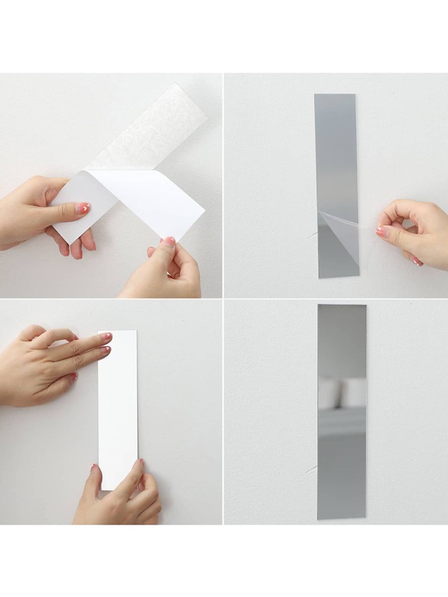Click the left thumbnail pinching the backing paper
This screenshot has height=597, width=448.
click(x=82, y=208)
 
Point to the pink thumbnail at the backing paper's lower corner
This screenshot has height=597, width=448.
click(x=169, y=242)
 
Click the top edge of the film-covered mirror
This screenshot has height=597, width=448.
click(x=335, y=95)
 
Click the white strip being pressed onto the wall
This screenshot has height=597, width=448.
click(x=118, y=411)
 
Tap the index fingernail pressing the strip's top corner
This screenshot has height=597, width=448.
click(x=105, y=337)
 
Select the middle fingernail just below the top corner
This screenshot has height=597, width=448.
click(x=105, y=350)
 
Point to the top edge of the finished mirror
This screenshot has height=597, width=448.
click(x=341, y=305)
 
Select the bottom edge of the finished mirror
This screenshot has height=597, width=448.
click(x=341, y=517)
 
